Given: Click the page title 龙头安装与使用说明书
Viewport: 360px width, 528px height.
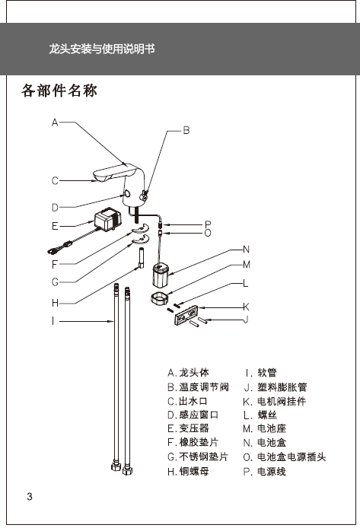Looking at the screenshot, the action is (x=102, y=49).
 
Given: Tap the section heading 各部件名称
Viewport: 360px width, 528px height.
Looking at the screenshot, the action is (x=59, y=91).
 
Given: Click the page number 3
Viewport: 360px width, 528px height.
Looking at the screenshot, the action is (x=30, y=496).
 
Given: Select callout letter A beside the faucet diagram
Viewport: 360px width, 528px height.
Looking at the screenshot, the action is (x=55, y=122).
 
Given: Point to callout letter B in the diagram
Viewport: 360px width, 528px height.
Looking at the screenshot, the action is (x=186, y=130).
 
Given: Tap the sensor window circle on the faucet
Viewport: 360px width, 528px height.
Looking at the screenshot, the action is (x=128, y=193).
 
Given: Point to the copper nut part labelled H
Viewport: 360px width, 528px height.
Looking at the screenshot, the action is (x=141, y=258).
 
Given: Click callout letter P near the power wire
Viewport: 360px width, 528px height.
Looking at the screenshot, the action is (x=208, y=224).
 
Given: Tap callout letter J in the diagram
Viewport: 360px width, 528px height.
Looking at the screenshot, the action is (x=246, y=319).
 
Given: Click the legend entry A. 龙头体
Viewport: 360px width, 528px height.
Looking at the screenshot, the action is (x=188, y=373).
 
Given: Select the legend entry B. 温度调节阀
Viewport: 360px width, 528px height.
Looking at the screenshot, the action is (x=199, y=387).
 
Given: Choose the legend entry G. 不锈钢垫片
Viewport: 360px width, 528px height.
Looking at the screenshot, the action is (x=198, y=456).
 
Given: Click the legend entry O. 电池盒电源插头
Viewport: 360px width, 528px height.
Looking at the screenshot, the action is (x=285, y=456).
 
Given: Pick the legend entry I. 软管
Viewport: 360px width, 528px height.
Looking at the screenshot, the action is (x=261, y=373).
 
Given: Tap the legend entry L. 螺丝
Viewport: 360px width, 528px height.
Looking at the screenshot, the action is (x=260, y=415).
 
